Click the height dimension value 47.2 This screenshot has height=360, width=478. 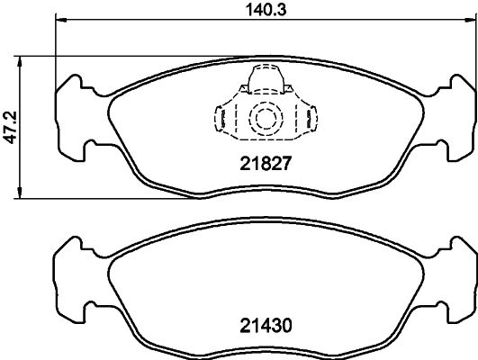10,126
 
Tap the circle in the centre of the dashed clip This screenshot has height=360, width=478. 265,118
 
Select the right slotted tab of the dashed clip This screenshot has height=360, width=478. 311,119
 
